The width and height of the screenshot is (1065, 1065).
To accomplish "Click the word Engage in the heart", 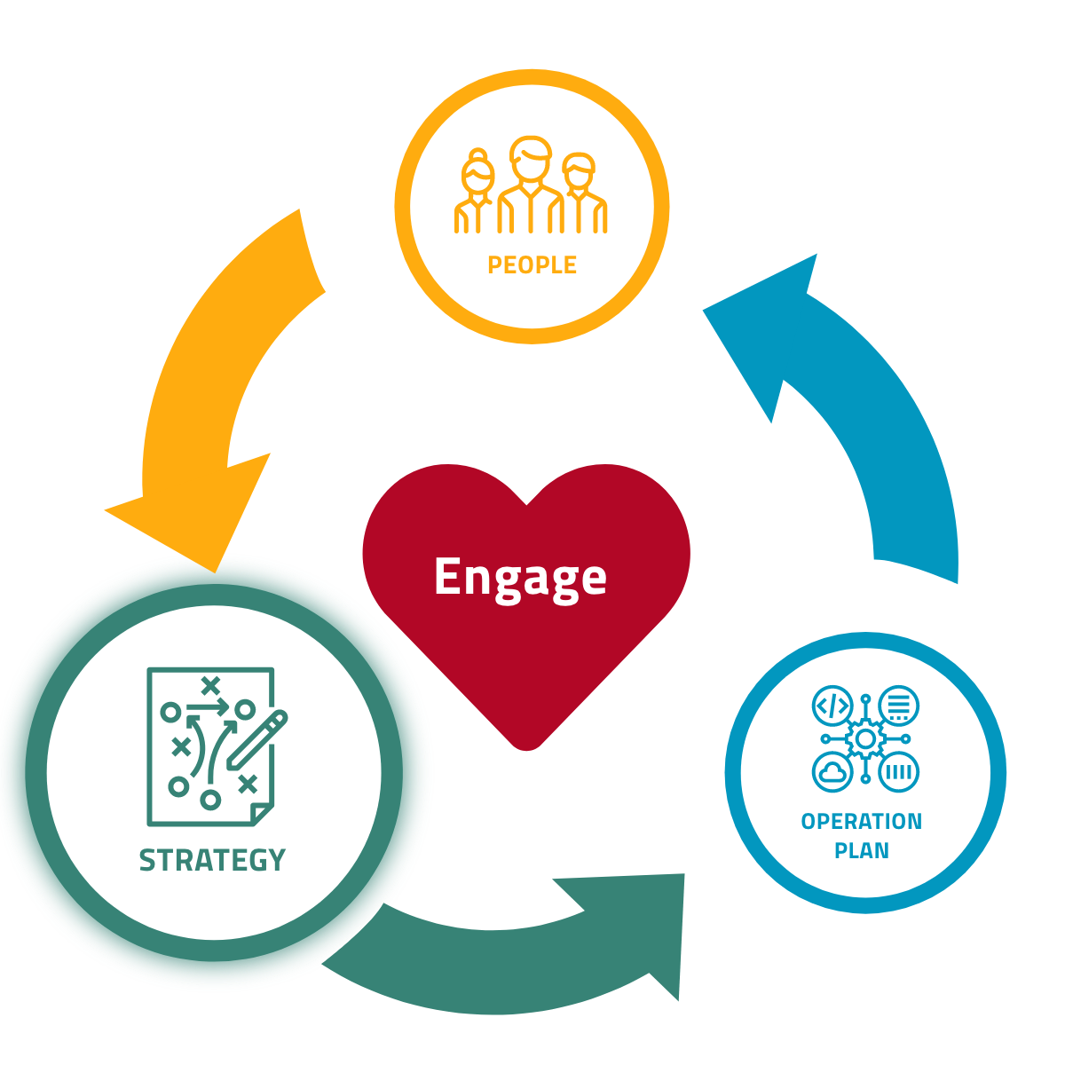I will pyautogui.click(x=520, y=578).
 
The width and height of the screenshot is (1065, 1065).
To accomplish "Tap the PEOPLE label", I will pyautogui.click(x=532, y=265).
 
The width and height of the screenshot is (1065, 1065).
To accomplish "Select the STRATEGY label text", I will pyautogui.click(x=212, y=860).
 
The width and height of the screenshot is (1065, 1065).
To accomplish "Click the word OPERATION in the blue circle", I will pyautogui.click(x=861, y=822).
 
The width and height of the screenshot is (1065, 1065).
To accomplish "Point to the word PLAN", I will pyautogui.click(x=861, y=850).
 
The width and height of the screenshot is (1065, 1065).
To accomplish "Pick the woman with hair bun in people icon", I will pyautogui.click(x=477, y=192).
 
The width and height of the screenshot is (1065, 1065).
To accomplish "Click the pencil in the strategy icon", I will pyautogui.click(x=257, y=739).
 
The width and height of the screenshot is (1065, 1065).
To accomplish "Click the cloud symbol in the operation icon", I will pyautogui.click(x=832, y=771).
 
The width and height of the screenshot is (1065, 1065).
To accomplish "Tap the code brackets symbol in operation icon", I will pyautogui.click(x=832, y=706).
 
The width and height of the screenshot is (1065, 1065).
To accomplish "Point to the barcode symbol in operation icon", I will pyautogui.click(x=898, y=771).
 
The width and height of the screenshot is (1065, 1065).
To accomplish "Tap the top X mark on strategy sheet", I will pyautogui.click(x=210, y=684).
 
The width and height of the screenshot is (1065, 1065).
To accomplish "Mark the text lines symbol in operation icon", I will pyautogui.click(x=898, y=706).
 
